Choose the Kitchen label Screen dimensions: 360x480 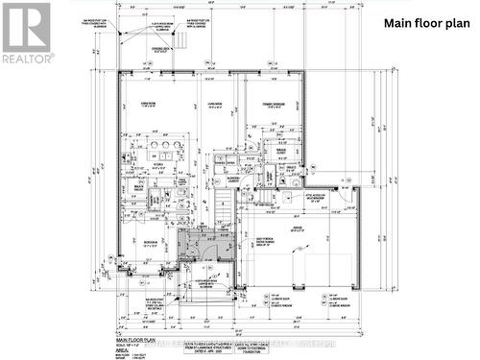[152, 165]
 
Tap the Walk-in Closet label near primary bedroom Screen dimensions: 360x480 [284, 151]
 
